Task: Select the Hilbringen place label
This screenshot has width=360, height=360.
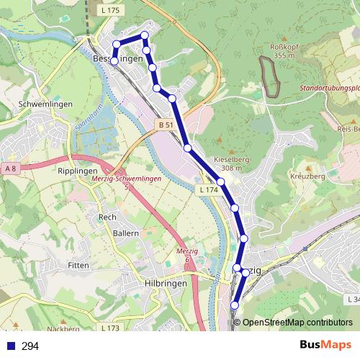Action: click(166, 284)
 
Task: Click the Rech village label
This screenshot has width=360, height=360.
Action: click(107, 217)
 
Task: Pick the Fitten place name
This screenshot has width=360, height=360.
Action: click(78, 265)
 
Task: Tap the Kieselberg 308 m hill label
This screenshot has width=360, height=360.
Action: click(230, 163)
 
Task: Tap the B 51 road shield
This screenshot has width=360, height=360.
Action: click(165, 125)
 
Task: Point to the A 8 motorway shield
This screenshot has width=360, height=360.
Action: click(10, 168)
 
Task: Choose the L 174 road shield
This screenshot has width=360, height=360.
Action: click(207, 189)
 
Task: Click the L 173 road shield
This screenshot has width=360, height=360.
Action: click(109, 328)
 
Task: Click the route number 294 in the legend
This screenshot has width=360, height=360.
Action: click(30, 346)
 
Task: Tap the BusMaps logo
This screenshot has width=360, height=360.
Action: click(326, 346)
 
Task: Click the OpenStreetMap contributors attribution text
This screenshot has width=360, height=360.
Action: click(297, 323)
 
